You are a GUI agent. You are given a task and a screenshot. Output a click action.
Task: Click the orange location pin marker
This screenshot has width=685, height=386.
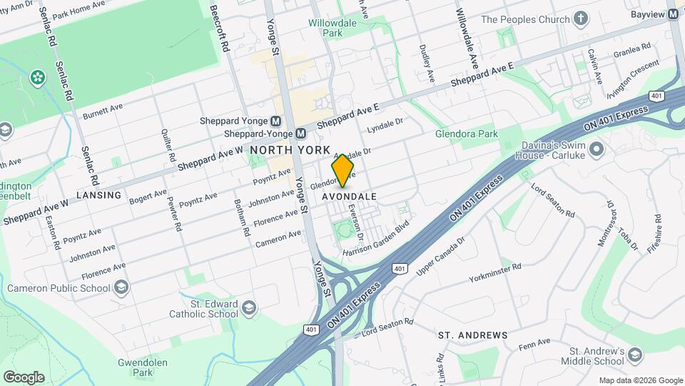(343, 170)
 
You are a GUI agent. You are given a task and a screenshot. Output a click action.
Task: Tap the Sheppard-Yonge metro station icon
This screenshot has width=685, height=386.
(300, 133)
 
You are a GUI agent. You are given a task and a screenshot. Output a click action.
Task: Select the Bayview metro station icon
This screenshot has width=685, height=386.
(672, 14)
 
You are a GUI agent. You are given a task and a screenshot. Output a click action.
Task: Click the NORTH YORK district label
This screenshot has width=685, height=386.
(290, 150)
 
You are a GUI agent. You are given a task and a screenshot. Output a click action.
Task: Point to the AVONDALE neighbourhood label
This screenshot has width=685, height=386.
(350, 196)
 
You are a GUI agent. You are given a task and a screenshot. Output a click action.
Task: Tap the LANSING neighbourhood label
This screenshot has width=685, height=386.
(99, 194)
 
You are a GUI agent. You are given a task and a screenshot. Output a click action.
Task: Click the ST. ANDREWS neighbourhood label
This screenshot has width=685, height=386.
(472, 335)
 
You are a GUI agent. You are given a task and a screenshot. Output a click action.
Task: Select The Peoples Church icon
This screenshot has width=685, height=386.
(582, 19)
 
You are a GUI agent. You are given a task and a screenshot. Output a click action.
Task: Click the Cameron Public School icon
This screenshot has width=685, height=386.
(121, 288)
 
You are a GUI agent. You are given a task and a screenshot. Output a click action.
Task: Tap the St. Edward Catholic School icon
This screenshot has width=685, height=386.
(248, 308)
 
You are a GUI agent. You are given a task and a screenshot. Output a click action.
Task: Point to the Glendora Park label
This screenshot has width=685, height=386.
(467, 134)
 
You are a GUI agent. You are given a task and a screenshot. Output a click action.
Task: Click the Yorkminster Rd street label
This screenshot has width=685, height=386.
(495, 273)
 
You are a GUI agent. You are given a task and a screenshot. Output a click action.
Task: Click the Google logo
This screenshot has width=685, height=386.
(24, 377)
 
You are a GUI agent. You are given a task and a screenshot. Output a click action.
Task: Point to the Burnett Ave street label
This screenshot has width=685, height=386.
(103, 112)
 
